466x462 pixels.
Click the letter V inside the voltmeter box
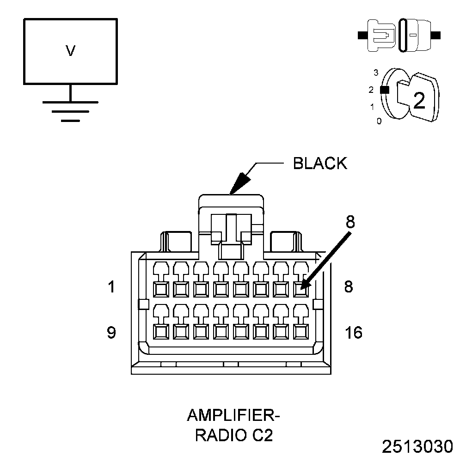click(x=70, y=50)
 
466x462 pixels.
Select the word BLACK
click(x=320, y=163)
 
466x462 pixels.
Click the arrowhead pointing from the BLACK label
click(x=240, y=183)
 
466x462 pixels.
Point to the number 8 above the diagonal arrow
click(x=350, y=221)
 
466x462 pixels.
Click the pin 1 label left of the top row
click(x=111, y=287)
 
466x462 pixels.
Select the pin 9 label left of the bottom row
click(x=111, y=332)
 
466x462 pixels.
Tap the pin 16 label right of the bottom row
click(x=354, y=332)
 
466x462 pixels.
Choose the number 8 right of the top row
click(x=349, y=287)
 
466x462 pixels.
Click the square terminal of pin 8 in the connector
click(x=301, y=289)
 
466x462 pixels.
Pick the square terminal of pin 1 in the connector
click(x=161, y=289)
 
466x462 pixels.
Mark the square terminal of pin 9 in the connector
click(x=161, y=332)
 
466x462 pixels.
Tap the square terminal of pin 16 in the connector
click(x=301, y=332)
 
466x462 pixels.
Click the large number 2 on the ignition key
click(x=419, y=100)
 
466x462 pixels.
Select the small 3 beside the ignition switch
click(x=376, y=73)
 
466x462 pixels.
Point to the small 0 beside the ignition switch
click(x=379, y=121)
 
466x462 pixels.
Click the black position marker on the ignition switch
click(x=385, y=90)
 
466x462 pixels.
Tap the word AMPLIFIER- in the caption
click(x=233, y=415)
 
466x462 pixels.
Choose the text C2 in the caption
click(x=263, y=436)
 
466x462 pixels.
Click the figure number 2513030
click(x=417, y=447)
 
